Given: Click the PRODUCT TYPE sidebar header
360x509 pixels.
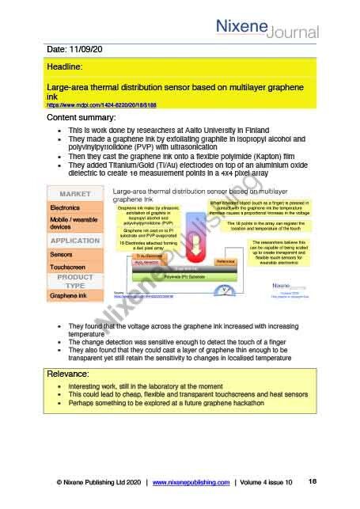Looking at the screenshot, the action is (75, 283).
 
